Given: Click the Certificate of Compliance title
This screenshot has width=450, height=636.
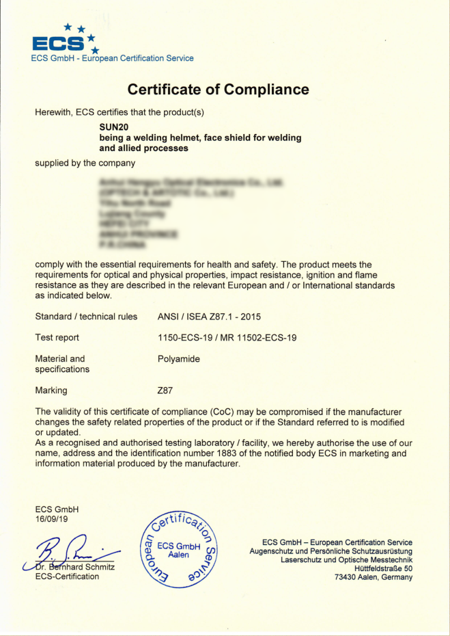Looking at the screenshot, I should (218, 90).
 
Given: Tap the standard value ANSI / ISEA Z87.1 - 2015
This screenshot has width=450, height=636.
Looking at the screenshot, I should (209, 317).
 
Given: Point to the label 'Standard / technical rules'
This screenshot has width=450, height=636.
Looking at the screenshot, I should (86, 317).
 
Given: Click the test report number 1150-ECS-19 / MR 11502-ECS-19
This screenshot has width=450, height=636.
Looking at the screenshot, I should (227, 338).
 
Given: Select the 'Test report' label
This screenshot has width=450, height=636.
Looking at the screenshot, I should (57, 338).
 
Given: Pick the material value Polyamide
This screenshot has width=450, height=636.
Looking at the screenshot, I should (178, 358).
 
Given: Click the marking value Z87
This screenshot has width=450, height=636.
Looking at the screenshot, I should (165, 390).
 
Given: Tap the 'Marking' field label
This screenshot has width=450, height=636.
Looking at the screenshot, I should (51, 390).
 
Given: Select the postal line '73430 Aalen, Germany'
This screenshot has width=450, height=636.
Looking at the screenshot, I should (374, 577).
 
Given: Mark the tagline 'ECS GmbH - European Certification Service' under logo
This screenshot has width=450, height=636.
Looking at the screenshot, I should (112, 59).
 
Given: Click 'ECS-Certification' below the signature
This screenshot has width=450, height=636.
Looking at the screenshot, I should (66, 577).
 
